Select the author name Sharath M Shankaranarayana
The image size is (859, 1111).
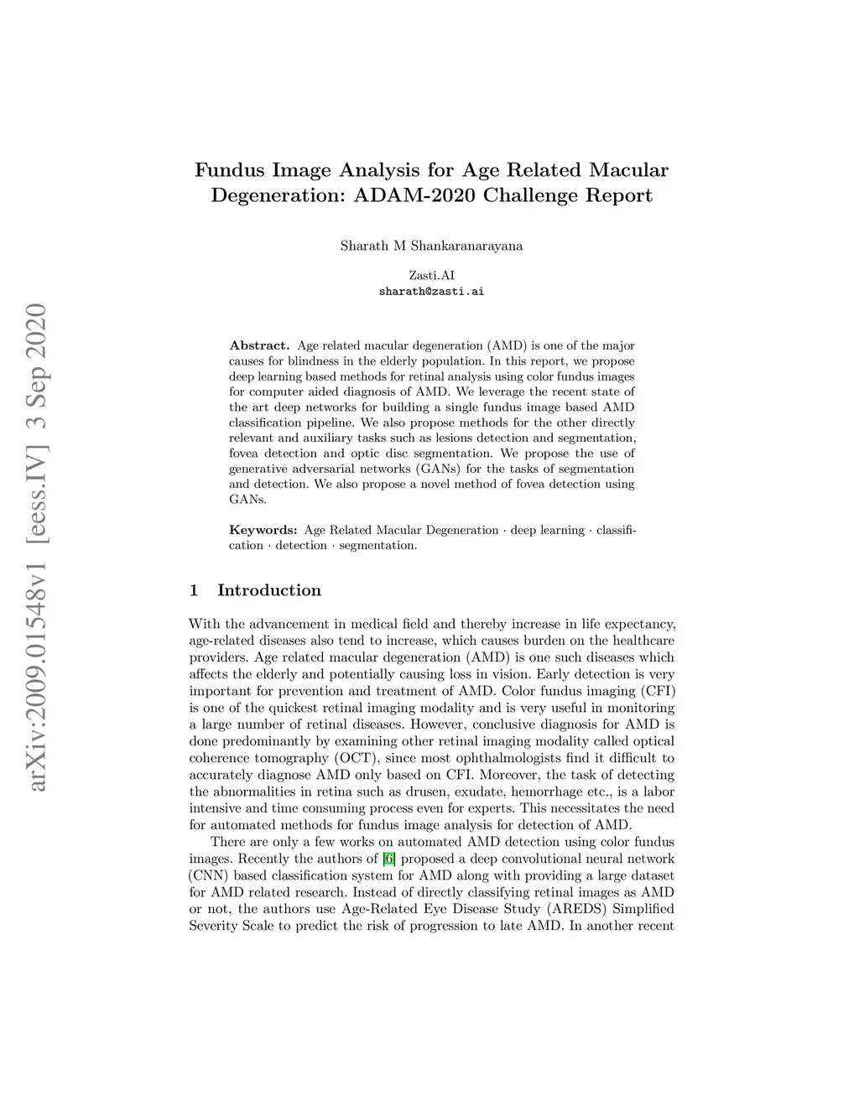[431, 246]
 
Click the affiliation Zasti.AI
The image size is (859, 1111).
[431, 275]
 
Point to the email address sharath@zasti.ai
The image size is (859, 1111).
[431, 292]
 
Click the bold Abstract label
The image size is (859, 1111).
[259, 345]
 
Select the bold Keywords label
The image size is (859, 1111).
[263, 530]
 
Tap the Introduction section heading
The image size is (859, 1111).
[268, 590]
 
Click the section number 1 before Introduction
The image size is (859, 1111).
[194, 590]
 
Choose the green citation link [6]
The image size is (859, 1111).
[388, 859]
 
